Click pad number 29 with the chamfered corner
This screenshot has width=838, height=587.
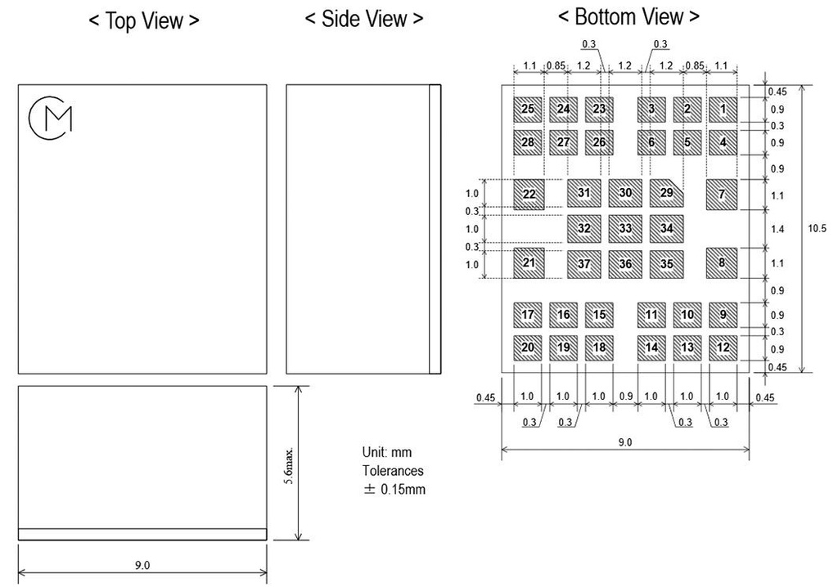coord(666,193)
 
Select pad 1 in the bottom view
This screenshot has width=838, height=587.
coord(723,110)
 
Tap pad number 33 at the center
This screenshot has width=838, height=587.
coord(625,229)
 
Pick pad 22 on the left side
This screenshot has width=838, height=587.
coord(529,194)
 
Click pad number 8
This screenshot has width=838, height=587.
coord(722,262)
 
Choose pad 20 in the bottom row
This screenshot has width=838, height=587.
coord(528,347)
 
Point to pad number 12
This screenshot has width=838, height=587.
coord(723,347)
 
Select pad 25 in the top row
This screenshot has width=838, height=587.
coord(528,110)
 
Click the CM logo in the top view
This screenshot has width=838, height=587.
coord(50,118)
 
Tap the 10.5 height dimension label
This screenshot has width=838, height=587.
coord(817,229)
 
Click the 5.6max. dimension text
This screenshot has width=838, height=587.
coord(289,466)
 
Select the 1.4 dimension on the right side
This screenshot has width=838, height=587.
coord(777,229)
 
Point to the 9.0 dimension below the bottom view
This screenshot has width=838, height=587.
coord(624,442)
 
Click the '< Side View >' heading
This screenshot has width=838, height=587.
coord(364,20)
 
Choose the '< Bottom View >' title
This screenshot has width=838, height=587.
coord(628,17)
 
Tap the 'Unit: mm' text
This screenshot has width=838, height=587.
coord(387,452)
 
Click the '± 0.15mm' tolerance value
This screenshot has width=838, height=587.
coord(394,489)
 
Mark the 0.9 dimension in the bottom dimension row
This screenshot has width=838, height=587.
coord(626,397)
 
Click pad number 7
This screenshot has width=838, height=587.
coord(722,195)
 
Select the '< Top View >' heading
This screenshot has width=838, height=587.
coord(144,21)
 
